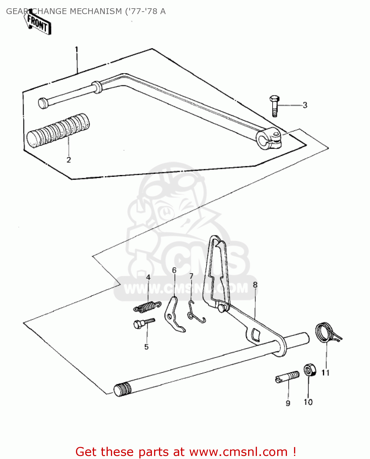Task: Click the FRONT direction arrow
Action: click(x=38, y=23)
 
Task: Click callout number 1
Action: click(x=77, y=50)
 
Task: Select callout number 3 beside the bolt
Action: click(x=305, y=105)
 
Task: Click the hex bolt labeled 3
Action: click(x=274, y=106)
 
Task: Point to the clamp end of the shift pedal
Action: click(x=269, y=140)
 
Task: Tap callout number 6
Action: click(x=174, y=270)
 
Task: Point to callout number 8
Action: click(x=255, y=285)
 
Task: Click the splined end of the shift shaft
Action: click(x=123, y=390)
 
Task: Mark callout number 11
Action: click(x=325, y=373)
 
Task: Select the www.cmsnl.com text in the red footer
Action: click(x=238, y=452)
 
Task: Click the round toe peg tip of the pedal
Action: click(x=43, y=103)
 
